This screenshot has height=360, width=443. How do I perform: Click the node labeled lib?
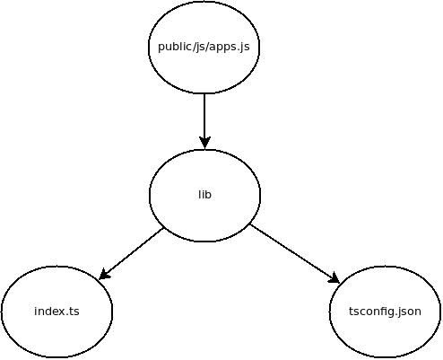(204, 195)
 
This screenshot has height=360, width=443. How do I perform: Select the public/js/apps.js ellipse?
(204, 47)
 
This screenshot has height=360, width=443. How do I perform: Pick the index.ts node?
(56, 312)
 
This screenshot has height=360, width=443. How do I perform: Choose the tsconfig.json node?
(385, 312)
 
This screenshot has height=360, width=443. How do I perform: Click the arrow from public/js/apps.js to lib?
(204, 121)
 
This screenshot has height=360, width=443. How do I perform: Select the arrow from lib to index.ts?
(131, 254)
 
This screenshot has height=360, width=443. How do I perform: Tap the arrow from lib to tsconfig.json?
(295, 253)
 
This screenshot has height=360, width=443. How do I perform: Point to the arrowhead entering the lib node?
(204, 143)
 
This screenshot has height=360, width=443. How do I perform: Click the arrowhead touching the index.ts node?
(104, 275)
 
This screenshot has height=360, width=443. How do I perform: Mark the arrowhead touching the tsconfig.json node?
(334, 278)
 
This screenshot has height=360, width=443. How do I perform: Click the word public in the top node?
(173, 47)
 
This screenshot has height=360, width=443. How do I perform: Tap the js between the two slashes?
(198, 48)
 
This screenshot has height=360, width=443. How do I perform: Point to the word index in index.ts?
(49, 312)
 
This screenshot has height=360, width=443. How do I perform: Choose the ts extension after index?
(74, 312)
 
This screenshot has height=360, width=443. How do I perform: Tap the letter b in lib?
(208, 195)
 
